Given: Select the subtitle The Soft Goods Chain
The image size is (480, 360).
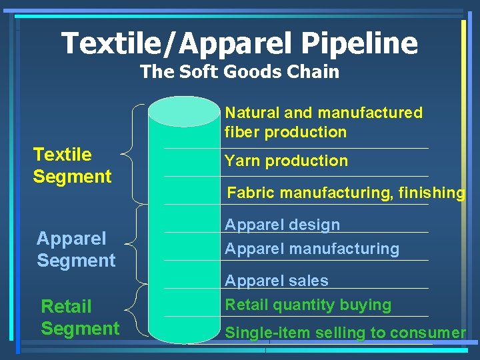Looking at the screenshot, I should point(239,72).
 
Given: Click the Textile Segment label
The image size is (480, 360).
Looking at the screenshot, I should point(72,165).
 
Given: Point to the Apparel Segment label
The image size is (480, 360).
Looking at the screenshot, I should point(76,249).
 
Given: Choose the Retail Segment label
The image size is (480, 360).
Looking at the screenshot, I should point(80,317).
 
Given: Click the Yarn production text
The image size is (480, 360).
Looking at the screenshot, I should point(286,161).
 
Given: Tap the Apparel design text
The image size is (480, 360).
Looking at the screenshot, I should point(282,225).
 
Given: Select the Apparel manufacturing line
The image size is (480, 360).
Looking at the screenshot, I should point(311,249).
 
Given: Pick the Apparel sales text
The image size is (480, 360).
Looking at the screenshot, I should point(276,281).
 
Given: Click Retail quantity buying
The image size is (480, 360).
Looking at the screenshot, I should point(308,305).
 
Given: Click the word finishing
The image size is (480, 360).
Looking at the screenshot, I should point(431,193).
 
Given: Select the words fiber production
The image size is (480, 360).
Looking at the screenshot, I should point(285,132).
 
